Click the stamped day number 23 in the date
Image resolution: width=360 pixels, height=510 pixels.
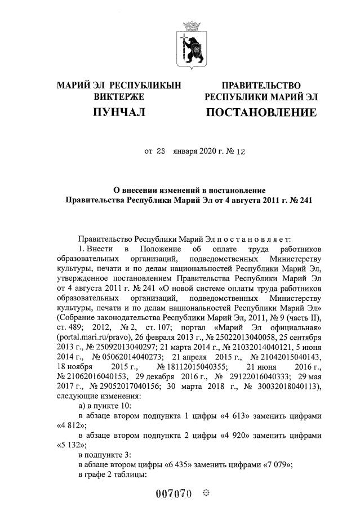coord(161,151)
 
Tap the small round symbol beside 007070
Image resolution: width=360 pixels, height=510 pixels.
coord(206,494)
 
